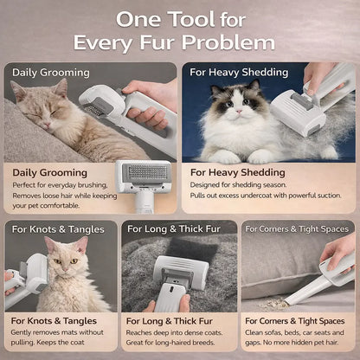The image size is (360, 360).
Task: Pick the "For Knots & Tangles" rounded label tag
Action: click(x=56, y=229)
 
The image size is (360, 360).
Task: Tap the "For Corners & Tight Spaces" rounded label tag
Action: click(x=296, y=229)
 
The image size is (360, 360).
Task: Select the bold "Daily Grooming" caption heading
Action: click(x=49, y=172)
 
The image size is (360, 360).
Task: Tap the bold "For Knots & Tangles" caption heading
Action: click(x=54, y=321)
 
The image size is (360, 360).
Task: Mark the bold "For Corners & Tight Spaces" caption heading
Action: click(x=297, y=321)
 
